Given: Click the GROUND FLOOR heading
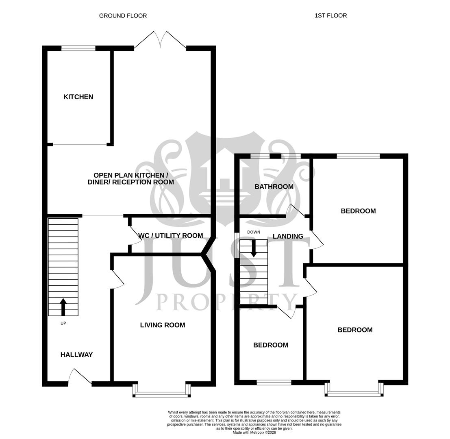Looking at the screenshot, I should click(123, 16).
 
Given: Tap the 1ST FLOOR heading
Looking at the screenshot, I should click(330, 16).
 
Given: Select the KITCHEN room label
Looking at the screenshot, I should click(78, 97).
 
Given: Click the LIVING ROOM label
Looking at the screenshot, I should click(163, 325).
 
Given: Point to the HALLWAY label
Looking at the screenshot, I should click(76, 355).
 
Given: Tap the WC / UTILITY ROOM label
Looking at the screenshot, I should click(171, 236).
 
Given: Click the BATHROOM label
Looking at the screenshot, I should click(274, 187).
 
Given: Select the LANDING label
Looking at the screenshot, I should click(288, 236).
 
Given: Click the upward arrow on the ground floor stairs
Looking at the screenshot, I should click(63, 307).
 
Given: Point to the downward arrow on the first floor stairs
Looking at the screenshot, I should click(254, 248).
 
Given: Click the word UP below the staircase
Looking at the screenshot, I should click(63, 324).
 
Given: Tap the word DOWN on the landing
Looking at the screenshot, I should click(254, 232).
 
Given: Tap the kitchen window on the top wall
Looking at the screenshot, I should click(78, 48).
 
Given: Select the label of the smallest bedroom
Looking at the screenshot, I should click(271, 345).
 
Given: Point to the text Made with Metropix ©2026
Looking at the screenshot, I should click(254, 432).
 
